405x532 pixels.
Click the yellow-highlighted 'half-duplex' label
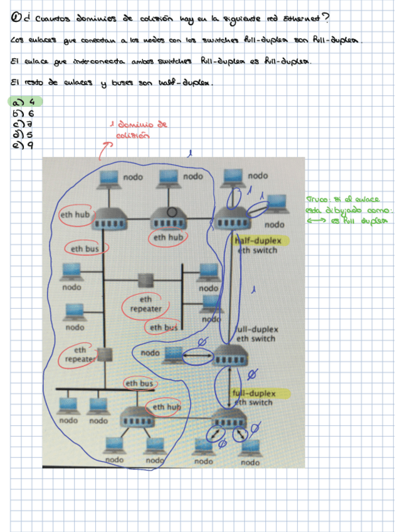tap(258, 241)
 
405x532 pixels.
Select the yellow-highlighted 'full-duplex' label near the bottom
tap(260, 393)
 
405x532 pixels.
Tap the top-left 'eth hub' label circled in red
tap(74, 215)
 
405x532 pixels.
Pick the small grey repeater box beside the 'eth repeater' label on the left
tap(105, 354)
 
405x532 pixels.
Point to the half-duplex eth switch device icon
tap(232, 221)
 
